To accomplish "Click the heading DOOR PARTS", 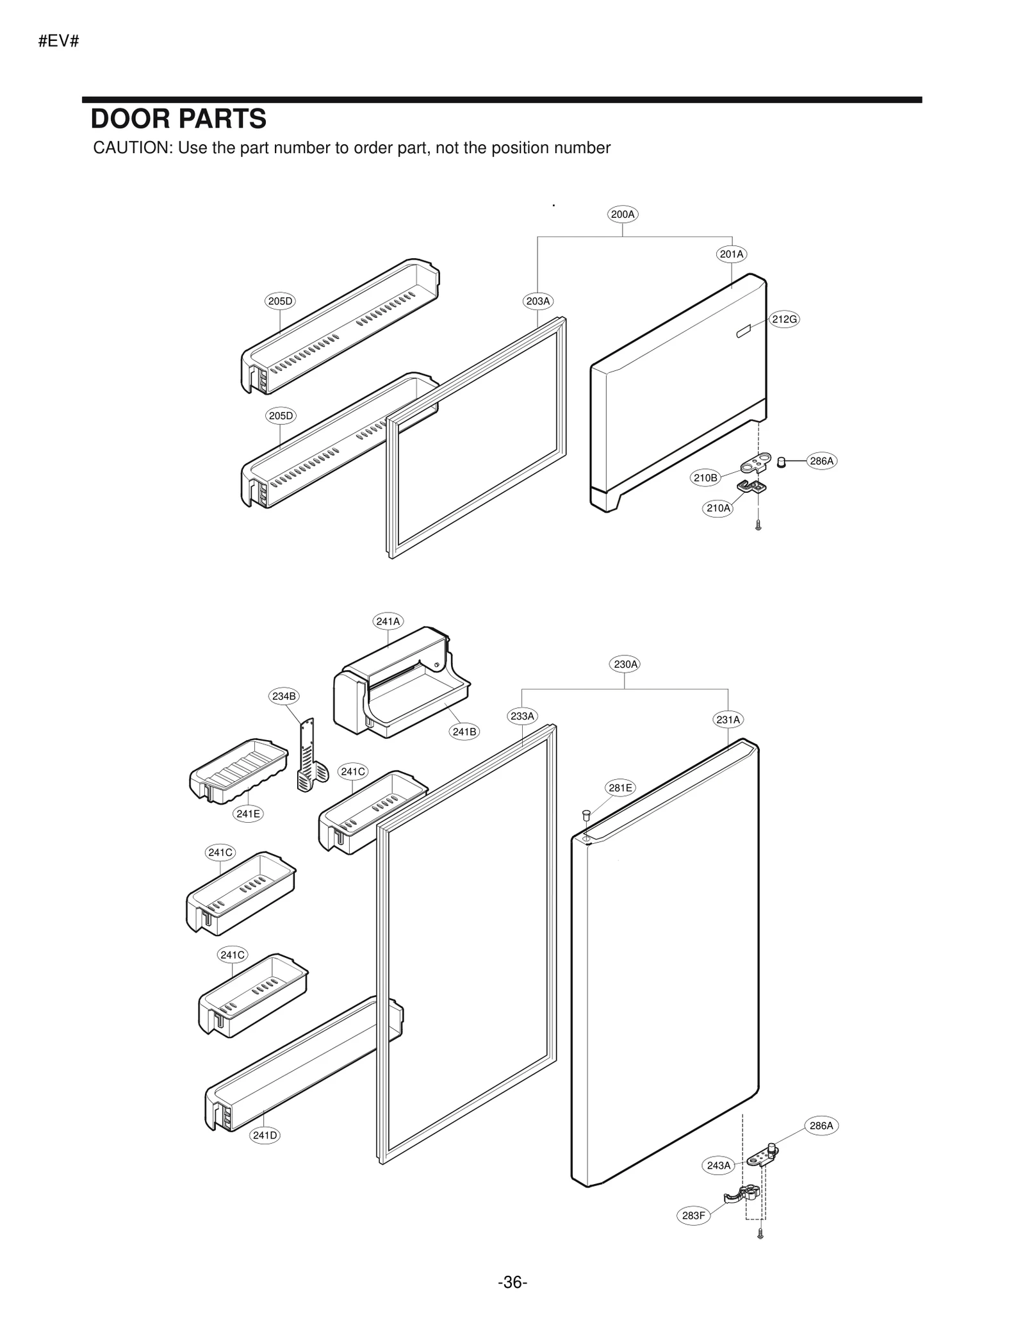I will (178, 119).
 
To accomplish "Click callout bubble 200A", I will (622, 215).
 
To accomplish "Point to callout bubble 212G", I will (783, 319).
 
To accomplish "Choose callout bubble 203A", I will (537, 301).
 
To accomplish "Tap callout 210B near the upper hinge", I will (705, 478).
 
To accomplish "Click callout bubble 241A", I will (388, 622).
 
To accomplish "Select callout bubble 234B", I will (283, 696).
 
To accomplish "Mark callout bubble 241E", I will (248, 814).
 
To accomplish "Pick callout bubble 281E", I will (619, 788).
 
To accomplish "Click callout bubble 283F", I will (693, 1216).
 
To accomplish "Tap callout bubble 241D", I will (265, 1135).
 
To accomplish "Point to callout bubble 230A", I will (625, 664).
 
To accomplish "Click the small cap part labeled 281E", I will (585, 814).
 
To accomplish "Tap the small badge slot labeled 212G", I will (743, 332).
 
